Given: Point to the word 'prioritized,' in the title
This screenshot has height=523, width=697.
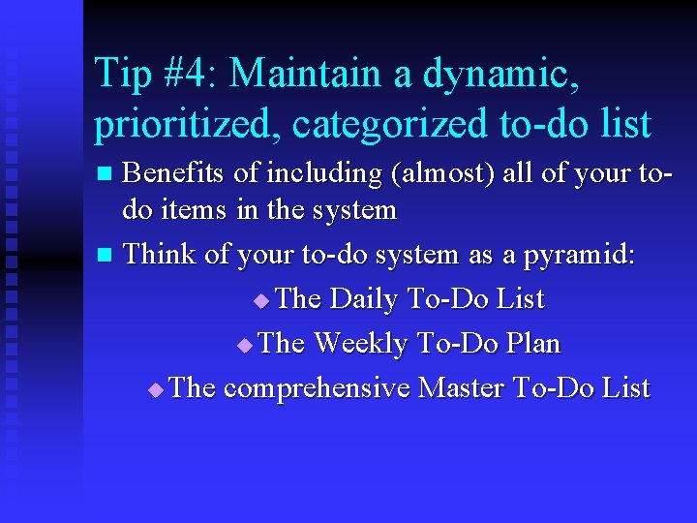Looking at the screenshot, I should pyautogui.click(x=188, y=124).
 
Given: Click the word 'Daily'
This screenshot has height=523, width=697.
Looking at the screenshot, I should pyautogui.click(x=364, y=299).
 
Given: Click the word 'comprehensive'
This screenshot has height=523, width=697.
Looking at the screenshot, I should pyautogui.click(x=317, y=388).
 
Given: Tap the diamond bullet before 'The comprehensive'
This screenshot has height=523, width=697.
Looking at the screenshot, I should pyautogui.click(x=157, y=390).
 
